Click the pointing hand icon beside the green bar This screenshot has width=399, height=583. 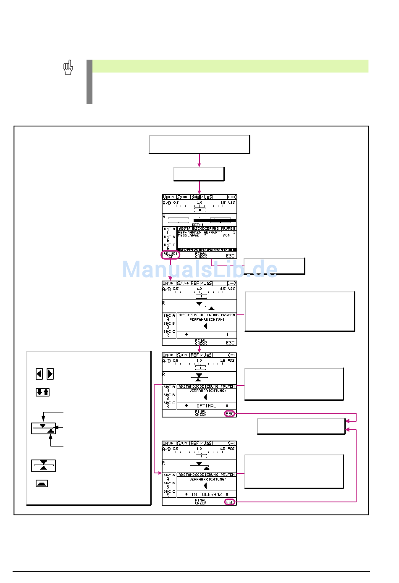(x=68, y=67)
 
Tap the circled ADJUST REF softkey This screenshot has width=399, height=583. (x=171, y=255)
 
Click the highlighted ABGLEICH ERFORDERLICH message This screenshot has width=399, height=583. (x=206, y=249)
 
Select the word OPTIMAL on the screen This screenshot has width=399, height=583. (x=206, y=406)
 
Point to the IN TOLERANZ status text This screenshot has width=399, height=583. (x=206, y=494)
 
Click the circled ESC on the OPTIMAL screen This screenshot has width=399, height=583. (x=230, y=414)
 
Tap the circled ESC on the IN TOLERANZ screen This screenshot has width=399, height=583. (x=230, y=502)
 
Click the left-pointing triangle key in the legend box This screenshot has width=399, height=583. (x=39, y=373)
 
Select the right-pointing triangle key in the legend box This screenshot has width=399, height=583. (x=50, y=373)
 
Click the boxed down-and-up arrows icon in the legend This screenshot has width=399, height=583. (x=42, y=392)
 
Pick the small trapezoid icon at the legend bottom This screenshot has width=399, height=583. (x=42, y=483)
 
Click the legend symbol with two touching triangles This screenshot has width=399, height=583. (x=43, y=465)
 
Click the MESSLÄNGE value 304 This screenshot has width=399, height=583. (x=226, y=236)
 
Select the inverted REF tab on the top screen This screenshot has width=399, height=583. (x=195, y=197)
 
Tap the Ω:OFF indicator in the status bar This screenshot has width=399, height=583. (x=182, y=283)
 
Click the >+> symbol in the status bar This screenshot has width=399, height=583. (x=231, y=283)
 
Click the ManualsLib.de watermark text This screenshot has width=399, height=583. (x=199, y=269)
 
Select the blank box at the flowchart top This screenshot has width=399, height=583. (x=199, y=144)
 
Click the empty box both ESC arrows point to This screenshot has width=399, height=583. (x=301, y=426)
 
